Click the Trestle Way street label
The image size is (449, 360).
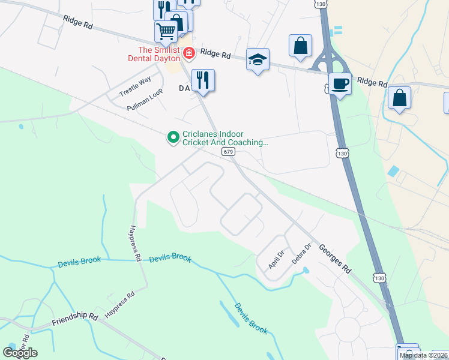[x=134, y=87]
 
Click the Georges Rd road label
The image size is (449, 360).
[x=335, y=259]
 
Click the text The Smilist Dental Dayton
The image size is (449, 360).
[x=158, y=55]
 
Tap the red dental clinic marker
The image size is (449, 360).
[x=189, y=54]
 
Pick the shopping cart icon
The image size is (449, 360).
[x=166, y=30]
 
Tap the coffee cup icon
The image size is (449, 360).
[x=340, y=83]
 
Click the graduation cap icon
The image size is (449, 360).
[x=258, y=59]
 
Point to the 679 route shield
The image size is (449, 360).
[x=228, y=152]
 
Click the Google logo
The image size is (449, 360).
[x=20, y=352]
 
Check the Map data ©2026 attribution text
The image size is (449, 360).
[x=423, y=355]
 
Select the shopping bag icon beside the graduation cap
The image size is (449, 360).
[x=300, y=46]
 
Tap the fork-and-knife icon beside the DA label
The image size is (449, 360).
[x=203, y=80]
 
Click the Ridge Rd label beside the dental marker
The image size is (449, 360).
[x=216, y=54]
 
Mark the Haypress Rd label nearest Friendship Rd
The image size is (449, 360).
[x=120, y=306]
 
